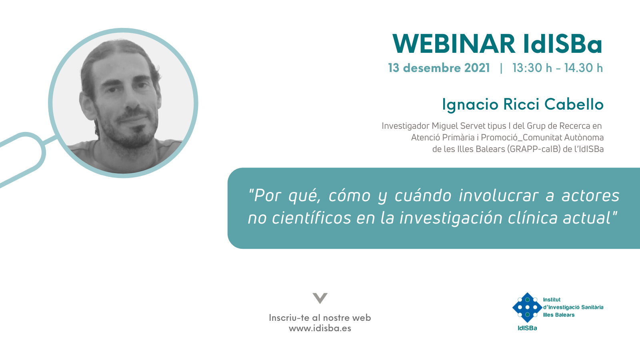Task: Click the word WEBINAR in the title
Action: [x=454, y=44]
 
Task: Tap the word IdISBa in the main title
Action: [x=563, y=44]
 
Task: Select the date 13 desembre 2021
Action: [x=439, y=68]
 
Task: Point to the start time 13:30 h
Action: [x=532, y=68]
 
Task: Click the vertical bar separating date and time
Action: [x=501, y=68]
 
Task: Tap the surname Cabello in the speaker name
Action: [x=574, y=104]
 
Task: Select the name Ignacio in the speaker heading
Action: [x=470, y=104]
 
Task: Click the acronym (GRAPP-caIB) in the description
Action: [x=534, y=149]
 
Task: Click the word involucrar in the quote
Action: [x=498, y=196]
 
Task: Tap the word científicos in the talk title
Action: [x=311, y=218]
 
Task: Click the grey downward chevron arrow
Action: [x=320, y=298]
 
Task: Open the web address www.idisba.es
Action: [x=320, y=328]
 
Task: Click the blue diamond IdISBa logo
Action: [x=528, y=308]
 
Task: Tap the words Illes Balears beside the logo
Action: [x=558, y=315]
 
